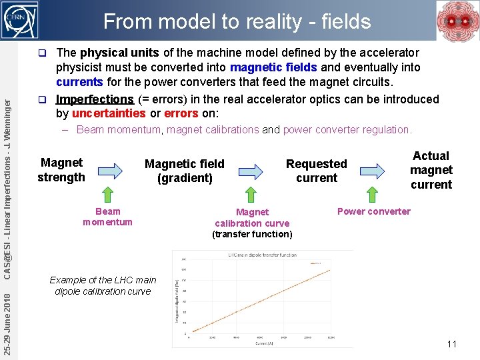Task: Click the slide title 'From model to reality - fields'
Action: pos(237,21)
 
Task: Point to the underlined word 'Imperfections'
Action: pos(95,99)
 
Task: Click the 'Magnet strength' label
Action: pos(61,170)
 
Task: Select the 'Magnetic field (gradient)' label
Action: pos(185,171)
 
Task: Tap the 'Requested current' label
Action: pos(316,171)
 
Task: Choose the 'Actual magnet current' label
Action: pos(431,170)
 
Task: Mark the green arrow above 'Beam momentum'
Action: pos(107,195)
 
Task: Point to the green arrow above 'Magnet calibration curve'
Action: pos(251,195)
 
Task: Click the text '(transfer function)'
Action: pos(252,234)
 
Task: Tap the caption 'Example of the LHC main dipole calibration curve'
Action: pos(103,285)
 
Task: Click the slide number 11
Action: pos(451,344)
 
